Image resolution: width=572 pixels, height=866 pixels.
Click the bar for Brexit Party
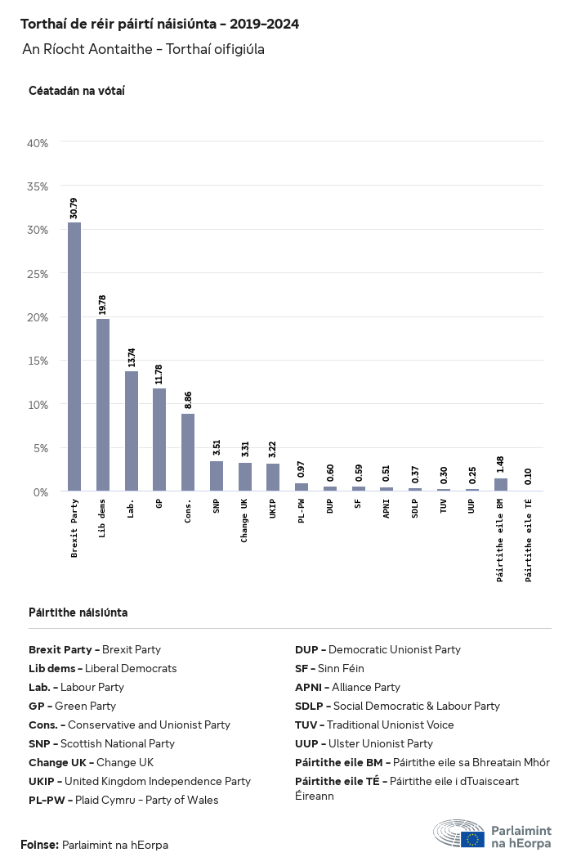pos(74,357)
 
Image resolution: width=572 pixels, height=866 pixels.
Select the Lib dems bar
pos(103,405)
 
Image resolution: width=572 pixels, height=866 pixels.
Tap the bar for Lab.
pos(132,431)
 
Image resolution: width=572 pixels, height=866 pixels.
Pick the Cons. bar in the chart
pos(188,452)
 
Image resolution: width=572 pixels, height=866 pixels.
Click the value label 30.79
pos(74,209)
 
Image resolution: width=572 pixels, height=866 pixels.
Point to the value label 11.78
pos(160,374)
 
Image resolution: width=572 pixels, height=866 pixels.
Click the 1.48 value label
pos(501,464)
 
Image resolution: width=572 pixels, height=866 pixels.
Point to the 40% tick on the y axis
pos(38,143)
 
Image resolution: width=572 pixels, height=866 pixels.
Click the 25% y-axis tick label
pos(38,274)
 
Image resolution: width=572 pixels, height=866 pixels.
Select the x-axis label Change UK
pos(245,520)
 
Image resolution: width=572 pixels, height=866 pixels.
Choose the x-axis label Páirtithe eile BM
pos(501,540)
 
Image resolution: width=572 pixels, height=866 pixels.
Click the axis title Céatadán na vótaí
pos(76,91)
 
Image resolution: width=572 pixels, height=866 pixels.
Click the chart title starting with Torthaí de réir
pos(159,25)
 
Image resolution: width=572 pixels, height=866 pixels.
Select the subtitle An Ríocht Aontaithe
pos(143,50)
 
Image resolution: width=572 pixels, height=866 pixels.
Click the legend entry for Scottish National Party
pos(101,744)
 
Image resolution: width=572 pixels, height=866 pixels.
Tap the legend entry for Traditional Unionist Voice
pos(374,725)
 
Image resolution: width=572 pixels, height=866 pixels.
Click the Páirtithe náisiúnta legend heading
pos(78,612)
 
